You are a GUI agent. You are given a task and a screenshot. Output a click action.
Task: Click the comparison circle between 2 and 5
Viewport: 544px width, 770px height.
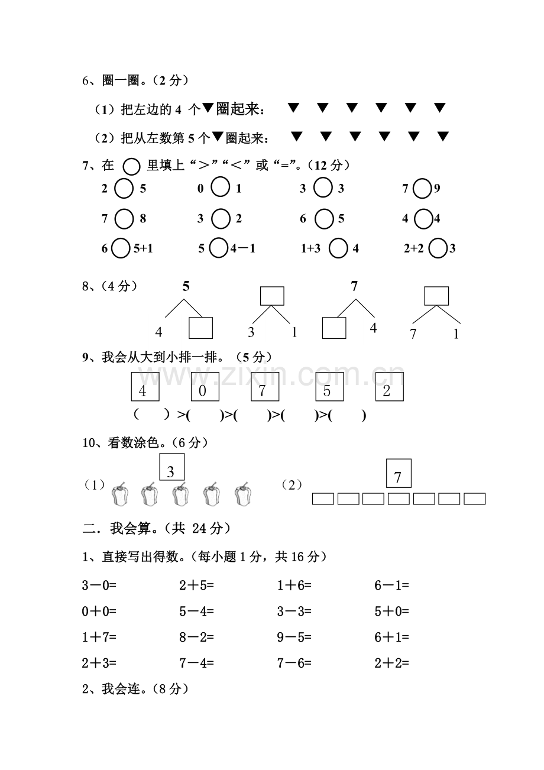[124, 189]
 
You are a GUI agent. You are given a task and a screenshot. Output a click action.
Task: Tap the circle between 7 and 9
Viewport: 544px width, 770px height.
[422, 189]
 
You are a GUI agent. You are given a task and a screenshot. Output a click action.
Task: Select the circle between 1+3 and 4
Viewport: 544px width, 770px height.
[338, 248]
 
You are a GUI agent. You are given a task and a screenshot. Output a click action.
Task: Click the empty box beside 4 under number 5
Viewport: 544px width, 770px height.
[200, 328]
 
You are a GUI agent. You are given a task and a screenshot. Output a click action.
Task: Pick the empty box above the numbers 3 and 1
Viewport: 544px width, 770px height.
[272, 296]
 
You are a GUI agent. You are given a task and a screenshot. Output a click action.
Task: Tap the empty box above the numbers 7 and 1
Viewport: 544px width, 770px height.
[436, 296]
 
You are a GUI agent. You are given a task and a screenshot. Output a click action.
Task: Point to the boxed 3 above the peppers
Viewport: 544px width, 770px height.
[171, 467]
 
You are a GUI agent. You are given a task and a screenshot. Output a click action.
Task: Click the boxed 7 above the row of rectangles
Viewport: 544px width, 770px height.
[398, 473]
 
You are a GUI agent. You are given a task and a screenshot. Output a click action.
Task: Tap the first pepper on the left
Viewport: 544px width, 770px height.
[120, 494]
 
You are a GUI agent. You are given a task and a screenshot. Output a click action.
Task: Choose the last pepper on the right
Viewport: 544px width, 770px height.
[242, 494]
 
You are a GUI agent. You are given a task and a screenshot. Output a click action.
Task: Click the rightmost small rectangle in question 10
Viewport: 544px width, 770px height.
[474, 499]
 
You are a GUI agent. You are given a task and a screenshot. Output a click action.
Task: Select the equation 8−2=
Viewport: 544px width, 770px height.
[196, 638]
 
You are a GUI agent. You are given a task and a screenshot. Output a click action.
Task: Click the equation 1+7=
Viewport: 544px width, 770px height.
[99, 638]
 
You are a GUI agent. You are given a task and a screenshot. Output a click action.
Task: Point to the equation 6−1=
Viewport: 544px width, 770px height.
[391, 586]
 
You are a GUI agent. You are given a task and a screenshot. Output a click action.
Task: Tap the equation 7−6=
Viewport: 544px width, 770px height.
[294, 664]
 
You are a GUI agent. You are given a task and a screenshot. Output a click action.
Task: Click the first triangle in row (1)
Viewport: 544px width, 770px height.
[293, 108]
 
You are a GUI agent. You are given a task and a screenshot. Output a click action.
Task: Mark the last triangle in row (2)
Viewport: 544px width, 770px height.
[443, 137]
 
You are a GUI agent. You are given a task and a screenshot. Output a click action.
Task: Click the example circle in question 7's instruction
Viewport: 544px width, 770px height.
[132, 166]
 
